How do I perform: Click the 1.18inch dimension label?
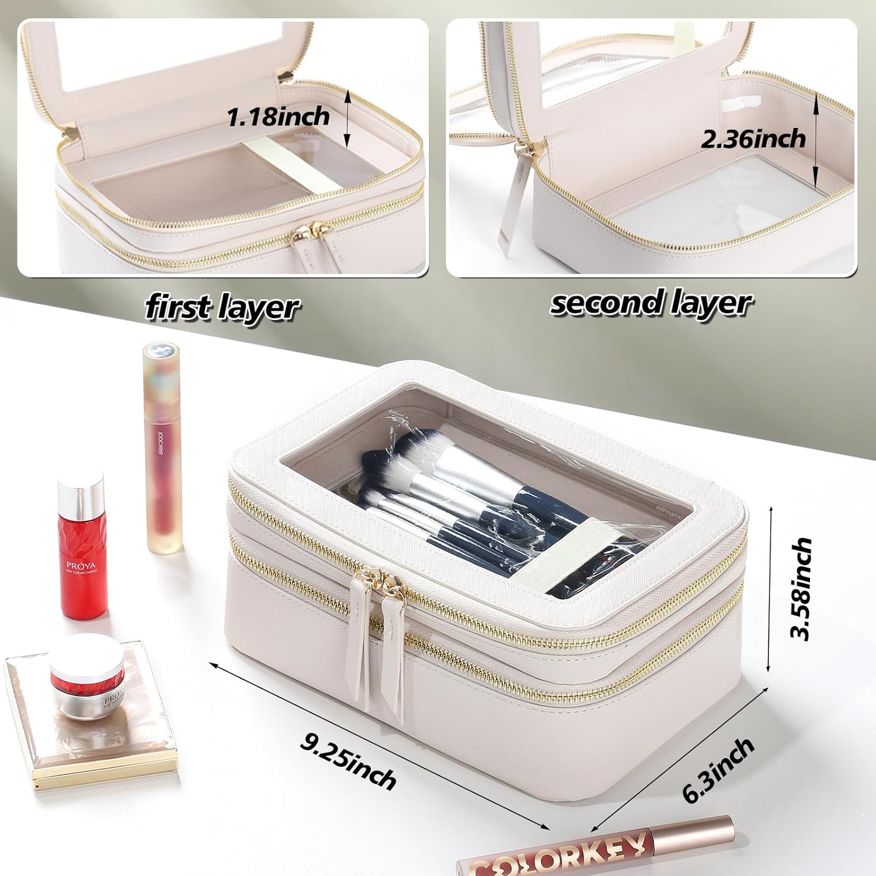278,117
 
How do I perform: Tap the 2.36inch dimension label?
753,139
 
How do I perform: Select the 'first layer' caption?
222,307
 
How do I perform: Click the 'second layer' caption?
651,303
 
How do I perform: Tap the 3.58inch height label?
800,589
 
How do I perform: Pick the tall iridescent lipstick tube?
163,447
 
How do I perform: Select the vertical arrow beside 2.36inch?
816,138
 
